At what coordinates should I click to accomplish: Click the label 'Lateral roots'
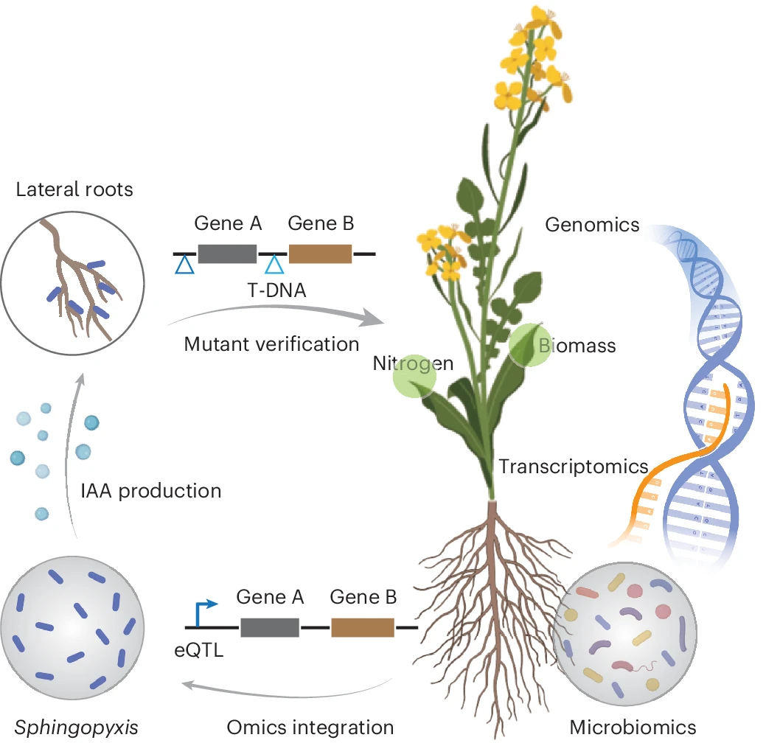click(x=74, y=189)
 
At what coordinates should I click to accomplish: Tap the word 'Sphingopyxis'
click(x=76, y=728)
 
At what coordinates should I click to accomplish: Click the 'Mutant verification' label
click(x=271, y=343)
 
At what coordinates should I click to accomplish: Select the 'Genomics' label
click(x=593, y=224)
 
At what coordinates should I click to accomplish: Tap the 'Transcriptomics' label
click(x=574, y=466)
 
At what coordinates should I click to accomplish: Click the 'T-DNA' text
click(x=276, y=290)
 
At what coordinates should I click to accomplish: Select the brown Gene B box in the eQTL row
click(x=363, y=627)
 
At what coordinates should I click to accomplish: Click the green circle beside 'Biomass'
click(x=529, y=345)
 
